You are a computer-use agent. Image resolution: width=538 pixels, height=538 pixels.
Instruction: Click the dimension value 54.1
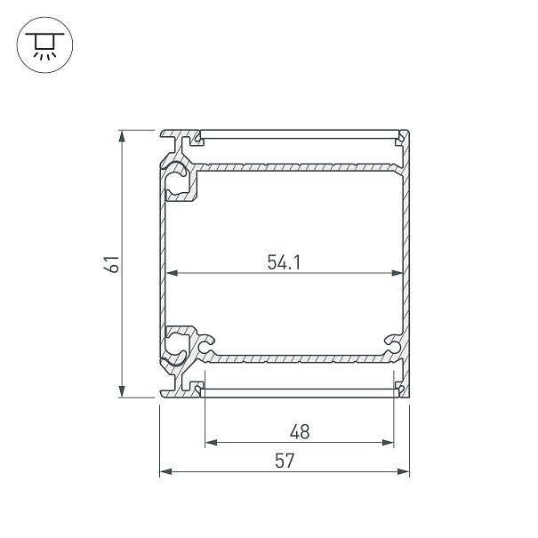284,262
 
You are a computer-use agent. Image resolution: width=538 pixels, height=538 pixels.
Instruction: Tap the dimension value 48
300,431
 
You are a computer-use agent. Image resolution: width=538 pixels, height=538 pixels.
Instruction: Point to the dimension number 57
285,461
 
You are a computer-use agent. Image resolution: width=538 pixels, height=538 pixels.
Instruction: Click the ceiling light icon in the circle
44,44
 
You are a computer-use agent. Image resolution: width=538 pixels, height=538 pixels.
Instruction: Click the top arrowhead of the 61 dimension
122,137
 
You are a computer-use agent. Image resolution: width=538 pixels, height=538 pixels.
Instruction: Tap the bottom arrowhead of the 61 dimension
122,391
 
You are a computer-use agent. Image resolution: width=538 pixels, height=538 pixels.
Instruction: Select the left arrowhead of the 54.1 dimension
172,273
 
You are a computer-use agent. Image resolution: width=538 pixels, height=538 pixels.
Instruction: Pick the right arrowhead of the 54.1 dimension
397,273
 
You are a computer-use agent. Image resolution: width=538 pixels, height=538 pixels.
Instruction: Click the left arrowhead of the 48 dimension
211,443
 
